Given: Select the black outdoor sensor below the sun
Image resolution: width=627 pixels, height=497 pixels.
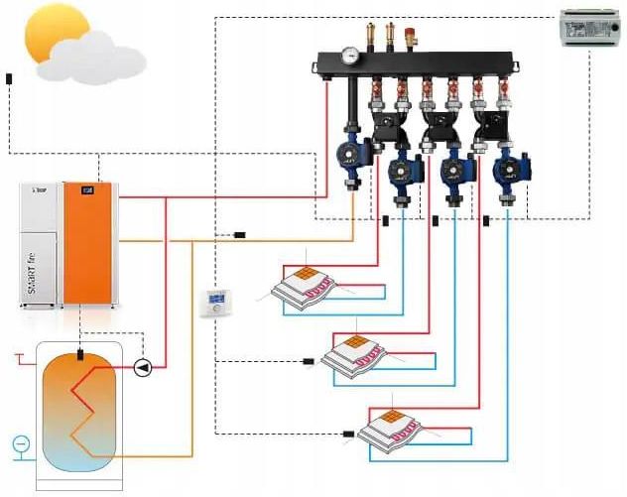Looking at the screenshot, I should click(x=9, y=77).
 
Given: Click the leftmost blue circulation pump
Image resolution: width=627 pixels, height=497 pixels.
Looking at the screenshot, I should click(x=350, y=153).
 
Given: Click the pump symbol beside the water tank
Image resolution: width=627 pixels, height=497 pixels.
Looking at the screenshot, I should click(x=144, y=368).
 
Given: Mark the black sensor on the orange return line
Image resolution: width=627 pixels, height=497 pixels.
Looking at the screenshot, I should click(x=240, y=235).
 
